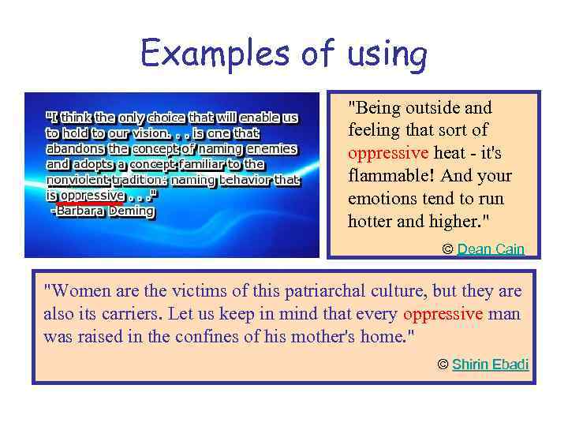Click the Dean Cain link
click(x=491, y=249)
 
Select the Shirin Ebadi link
click(x=490, y=364)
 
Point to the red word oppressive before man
click(x=443, y=313)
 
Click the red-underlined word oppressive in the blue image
click(x=92, y=195)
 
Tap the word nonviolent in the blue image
click(x=75, y=180)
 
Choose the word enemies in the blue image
click(x=271, y=148)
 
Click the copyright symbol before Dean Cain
click(x=447, y=249)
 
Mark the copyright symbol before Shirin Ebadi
click(x=443, y=364)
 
